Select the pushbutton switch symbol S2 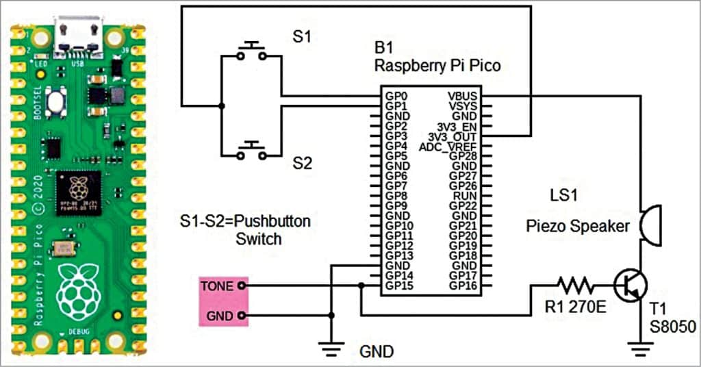pos(252,151)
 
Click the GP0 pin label pos(395,97)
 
